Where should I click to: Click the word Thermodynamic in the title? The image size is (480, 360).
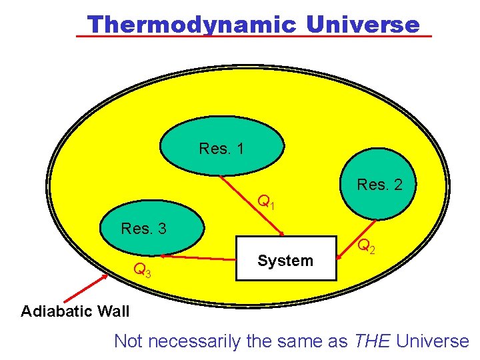point(191,24)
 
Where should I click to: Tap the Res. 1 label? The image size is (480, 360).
point(221,149)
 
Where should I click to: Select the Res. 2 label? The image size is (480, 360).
point(379,185)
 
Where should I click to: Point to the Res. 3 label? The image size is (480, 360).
point(143,229)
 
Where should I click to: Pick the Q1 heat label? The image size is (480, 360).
point(266,201)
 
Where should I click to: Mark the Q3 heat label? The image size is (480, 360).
point(142,270)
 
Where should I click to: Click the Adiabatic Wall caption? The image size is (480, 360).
point(75,311)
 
